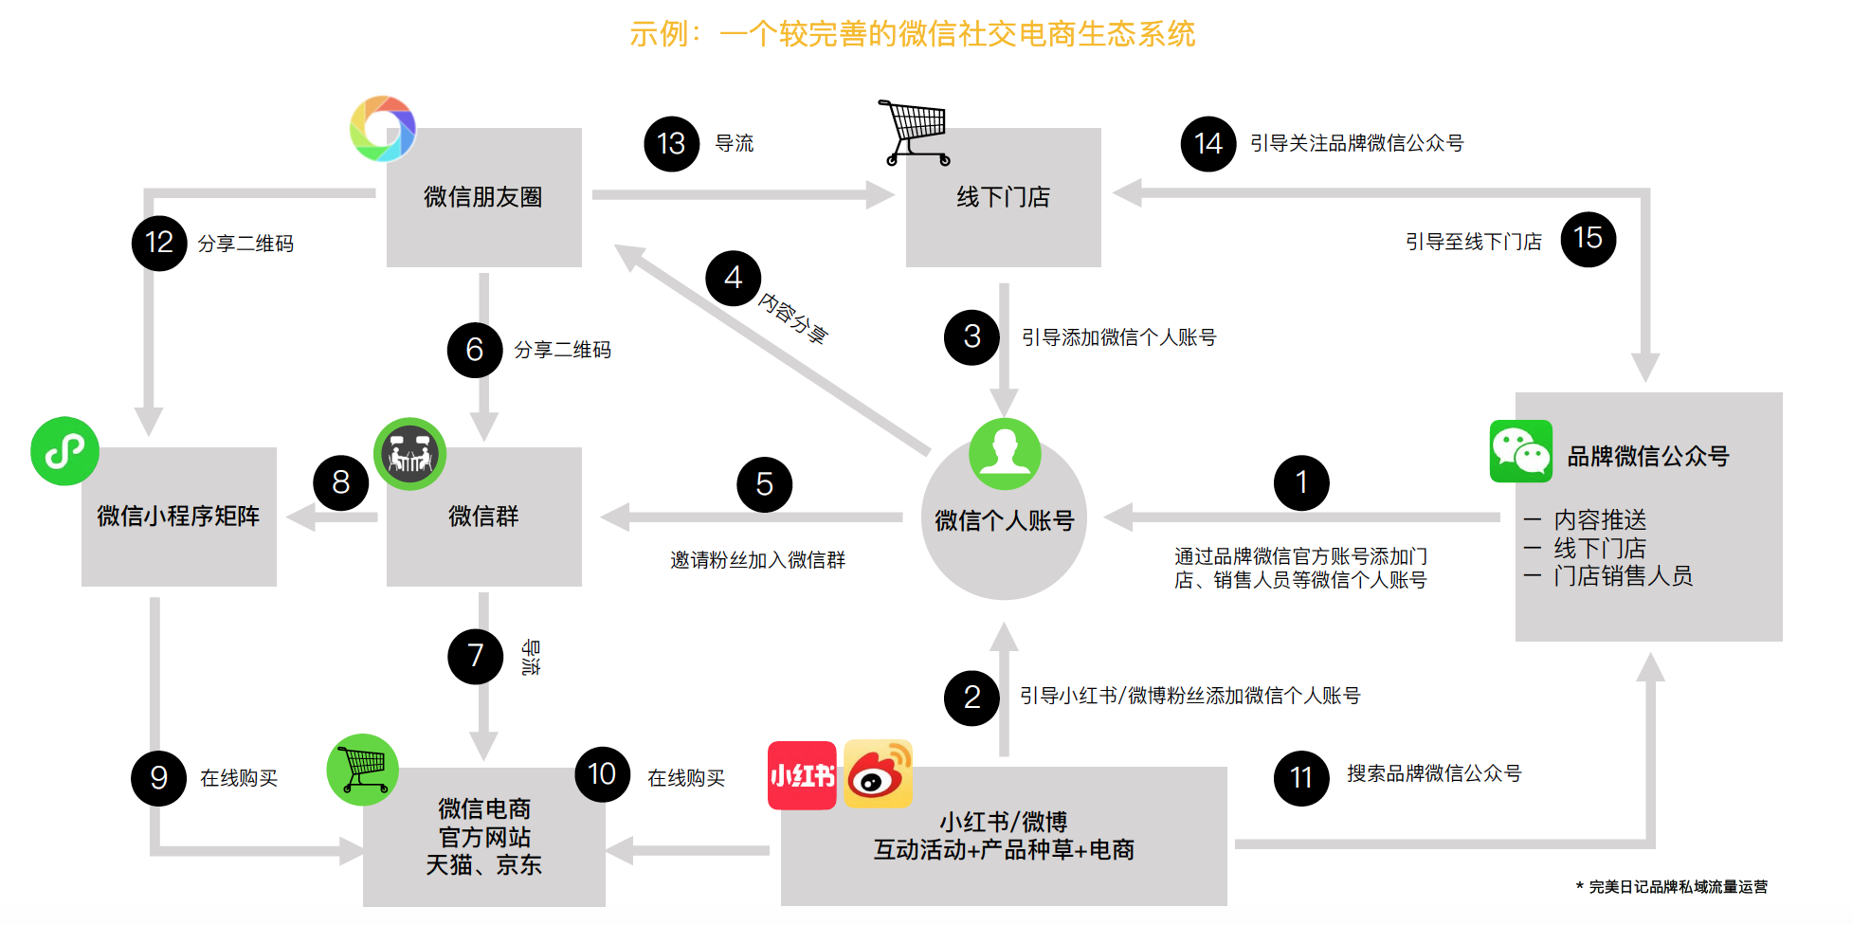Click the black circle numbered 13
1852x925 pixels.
pos(671,144)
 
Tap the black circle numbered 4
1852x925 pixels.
pos(733,278)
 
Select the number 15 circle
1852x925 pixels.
pos(1588,239)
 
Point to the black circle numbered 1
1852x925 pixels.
pos(1301,482)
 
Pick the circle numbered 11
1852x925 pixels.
pos(1301,778)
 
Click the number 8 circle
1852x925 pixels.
pos(341,482)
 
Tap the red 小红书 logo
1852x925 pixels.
pos(802,775)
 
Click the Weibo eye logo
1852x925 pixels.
pos(879,774)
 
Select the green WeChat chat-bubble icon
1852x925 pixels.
pos(1521,451)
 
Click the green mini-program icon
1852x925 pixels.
pos(64,451)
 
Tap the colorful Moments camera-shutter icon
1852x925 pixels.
pos(383,128)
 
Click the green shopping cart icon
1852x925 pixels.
pos(363,770)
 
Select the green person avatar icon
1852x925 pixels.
pos(1005,453)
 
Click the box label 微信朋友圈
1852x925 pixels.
pos(483,197)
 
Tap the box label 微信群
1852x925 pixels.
pos(483,517)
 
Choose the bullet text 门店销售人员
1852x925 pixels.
pos(1623,576)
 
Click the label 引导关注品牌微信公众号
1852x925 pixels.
pos(1356,143)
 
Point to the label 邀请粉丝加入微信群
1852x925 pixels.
pos(757,560)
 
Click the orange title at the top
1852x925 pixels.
pos(912,34)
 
